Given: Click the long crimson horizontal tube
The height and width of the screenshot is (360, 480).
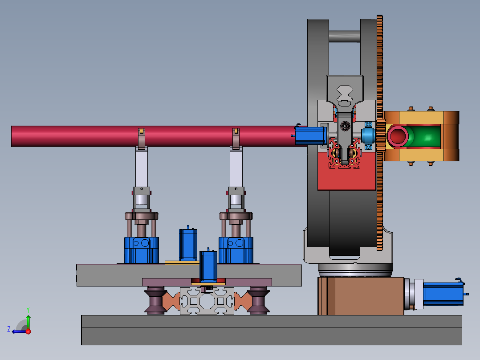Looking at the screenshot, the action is point(153,136).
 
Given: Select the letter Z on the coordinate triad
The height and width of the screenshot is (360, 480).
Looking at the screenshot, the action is point(9,329).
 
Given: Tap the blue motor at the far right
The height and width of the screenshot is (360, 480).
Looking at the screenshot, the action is point(443,294).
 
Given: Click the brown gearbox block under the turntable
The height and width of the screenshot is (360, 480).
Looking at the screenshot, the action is point(361,296).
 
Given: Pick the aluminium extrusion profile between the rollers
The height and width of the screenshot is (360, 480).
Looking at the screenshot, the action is point(207,301).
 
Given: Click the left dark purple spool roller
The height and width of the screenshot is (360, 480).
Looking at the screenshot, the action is point(155,300).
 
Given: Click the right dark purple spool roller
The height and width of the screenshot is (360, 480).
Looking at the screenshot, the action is point(258,300).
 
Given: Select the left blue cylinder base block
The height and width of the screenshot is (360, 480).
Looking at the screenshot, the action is point(142,250).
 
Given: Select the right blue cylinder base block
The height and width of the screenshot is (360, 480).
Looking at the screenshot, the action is point(236,250).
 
